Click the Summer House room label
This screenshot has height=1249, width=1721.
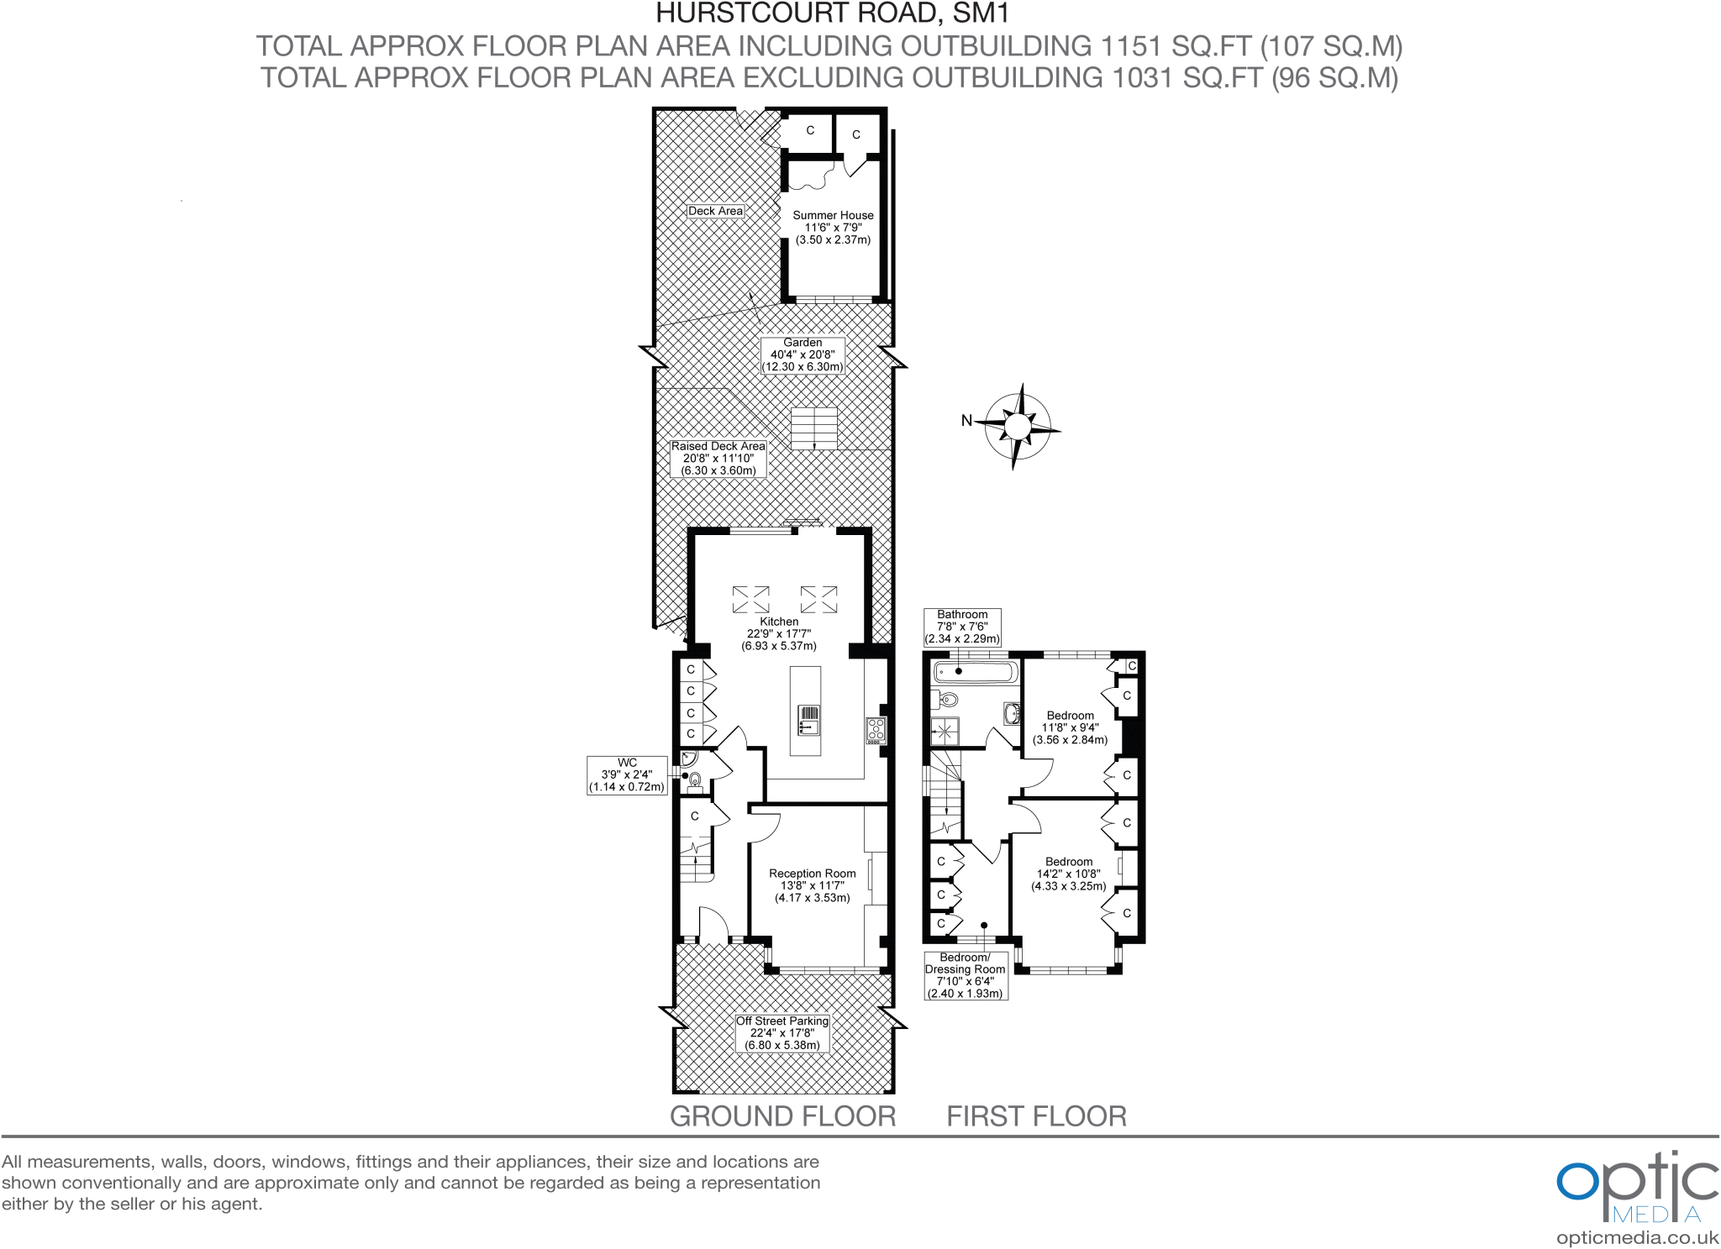(x=833, y=227)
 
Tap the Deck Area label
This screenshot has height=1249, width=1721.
(x=715, y=211)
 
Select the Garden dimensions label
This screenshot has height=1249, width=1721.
(x=803, y=354)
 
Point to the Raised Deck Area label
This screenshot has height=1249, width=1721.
(x=718, y=459)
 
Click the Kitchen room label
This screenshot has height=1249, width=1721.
(x=779, y=633)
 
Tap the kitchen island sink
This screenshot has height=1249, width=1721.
(x=808, y=720)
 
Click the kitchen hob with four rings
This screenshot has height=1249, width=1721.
(x=876, y=730)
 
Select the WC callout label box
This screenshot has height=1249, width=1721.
(x=627, y=774)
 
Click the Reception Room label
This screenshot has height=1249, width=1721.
(x=813, y=885)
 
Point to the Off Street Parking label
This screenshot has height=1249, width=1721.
(x=782, y=1033)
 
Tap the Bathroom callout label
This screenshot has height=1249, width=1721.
(x=962, y=627)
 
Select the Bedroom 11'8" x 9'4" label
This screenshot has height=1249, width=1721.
(x=1071, y=727)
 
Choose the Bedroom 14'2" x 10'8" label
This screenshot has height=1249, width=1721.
(x=1069, y=874)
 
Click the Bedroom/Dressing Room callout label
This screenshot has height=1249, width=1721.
(x=965, y=975)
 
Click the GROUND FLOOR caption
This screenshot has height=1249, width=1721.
(x=782, y=1116)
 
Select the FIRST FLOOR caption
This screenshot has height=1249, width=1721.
(x=1036, y=1116)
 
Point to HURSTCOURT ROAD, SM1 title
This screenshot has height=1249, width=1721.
(x=832, y=13)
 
